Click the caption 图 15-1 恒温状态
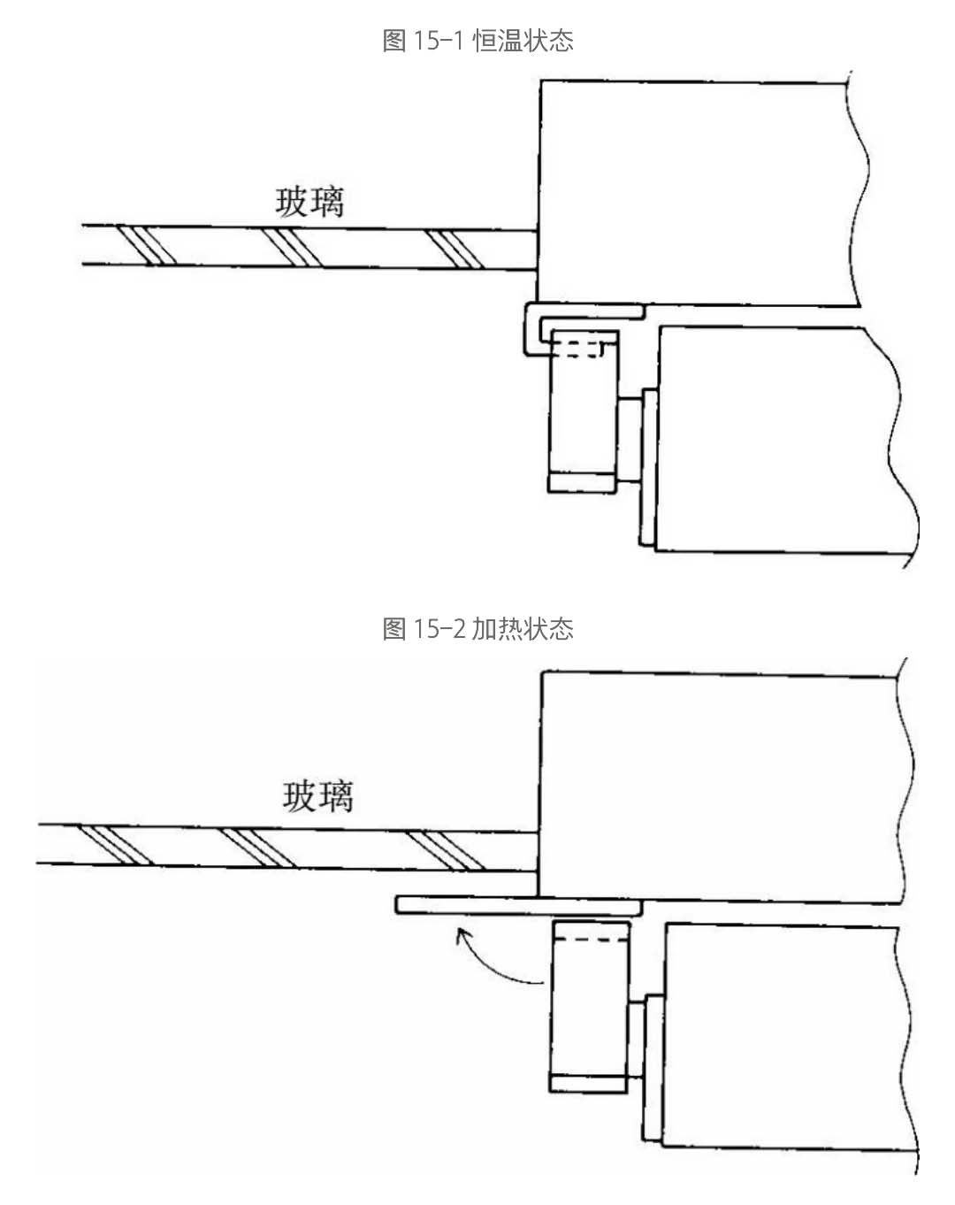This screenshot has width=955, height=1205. click(x=477, y=41)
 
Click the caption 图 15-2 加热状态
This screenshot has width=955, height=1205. click(x=477, y=629)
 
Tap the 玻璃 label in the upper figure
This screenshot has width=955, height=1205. click(x=309, y=203)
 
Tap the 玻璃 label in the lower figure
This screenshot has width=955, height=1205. click(x=317, y=796)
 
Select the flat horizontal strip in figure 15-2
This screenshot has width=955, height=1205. click(x=517, y=905)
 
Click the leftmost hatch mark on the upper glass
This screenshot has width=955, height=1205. click(x=147, y=246)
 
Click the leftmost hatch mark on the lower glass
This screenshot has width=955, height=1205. click(x=111, y=845)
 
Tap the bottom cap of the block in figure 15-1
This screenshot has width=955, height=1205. click(x=582, y=482)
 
